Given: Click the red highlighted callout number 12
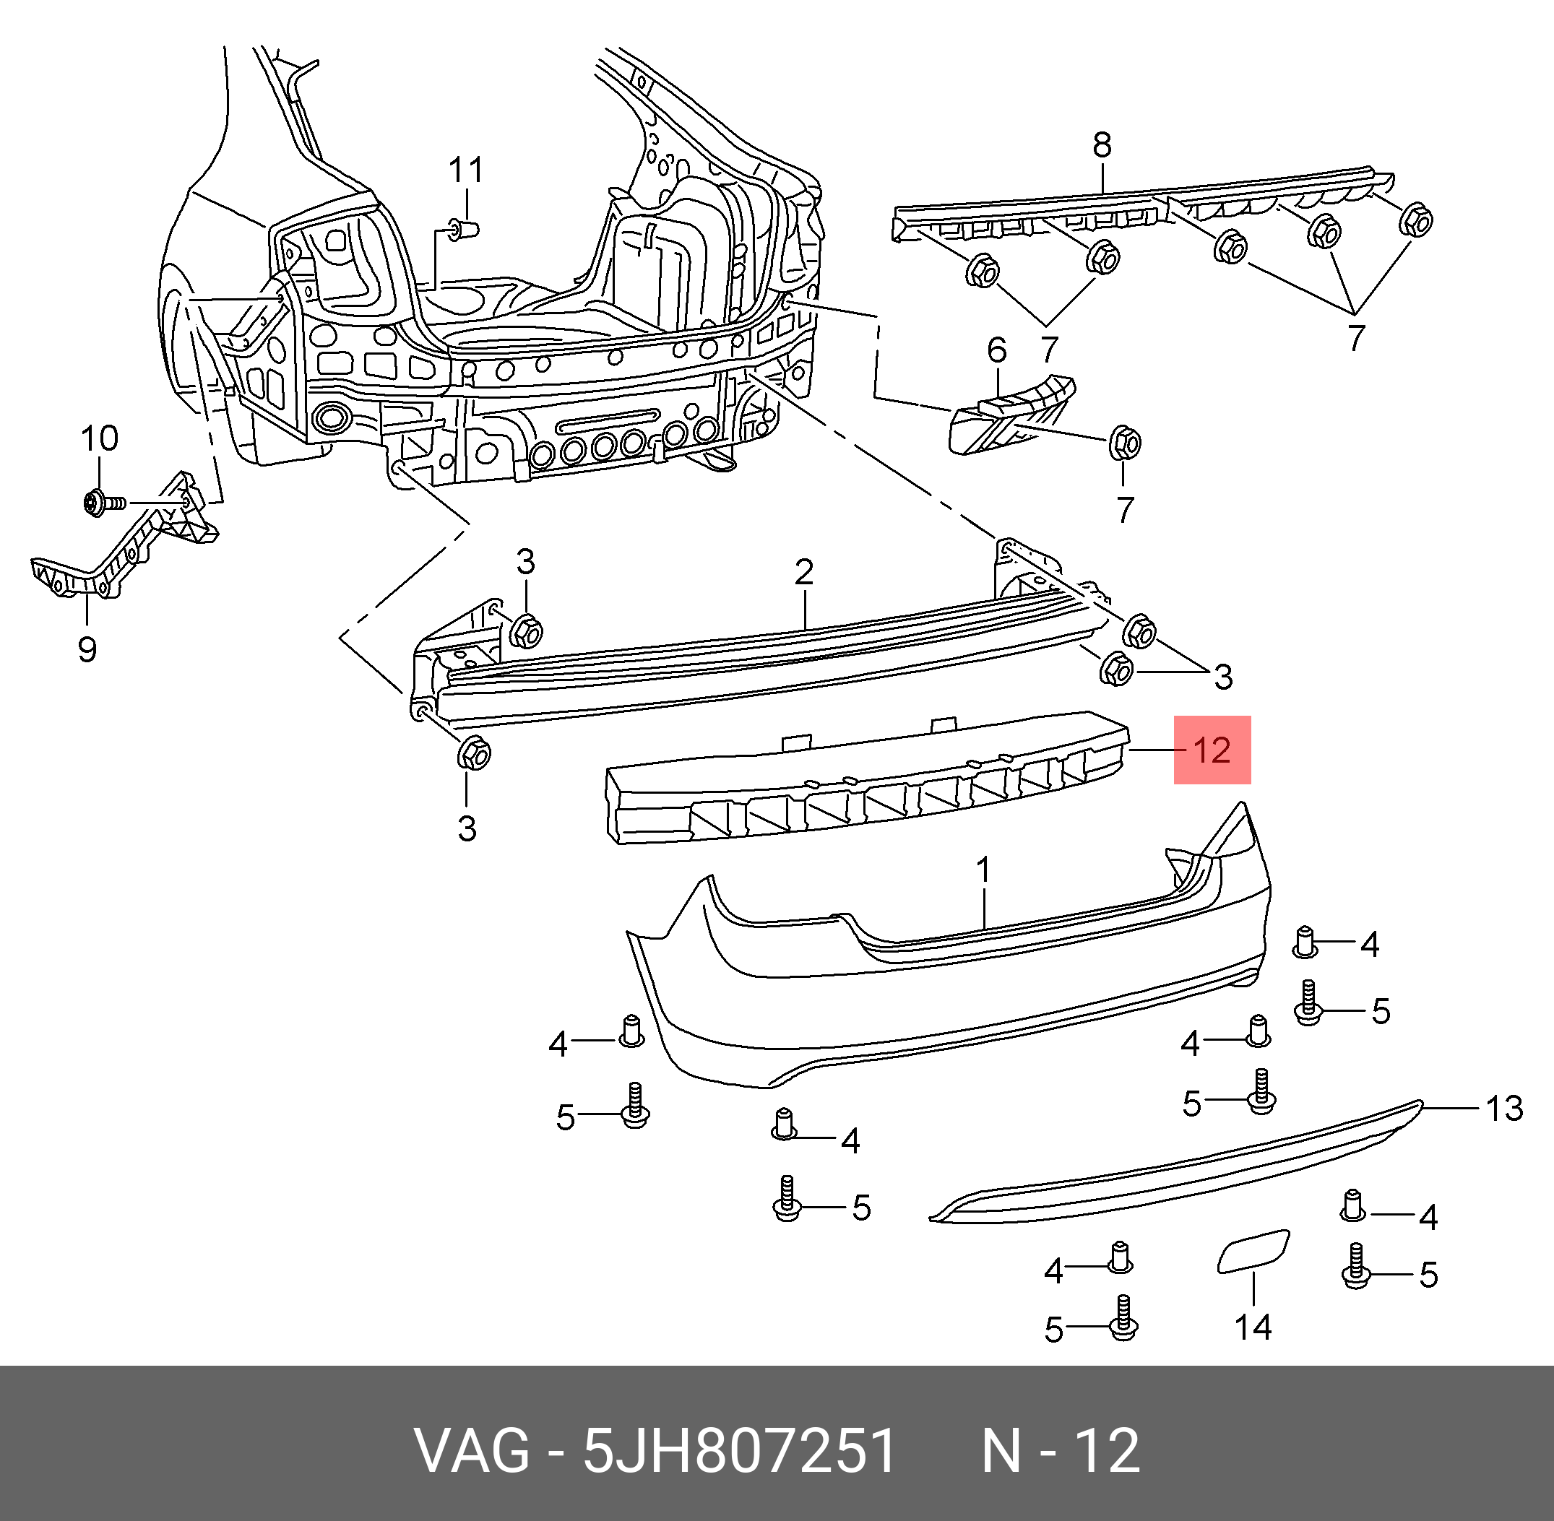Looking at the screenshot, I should (1212, 750).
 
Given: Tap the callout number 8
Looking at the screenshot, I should (1102, 144).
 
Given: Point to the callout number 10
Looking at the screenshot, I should (100, 438).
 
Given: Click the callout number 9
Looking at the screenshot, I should (87, 649).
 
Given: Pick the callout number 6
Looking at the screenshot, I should (997, 349).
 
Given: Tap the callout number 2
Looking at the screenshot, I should (804, 572).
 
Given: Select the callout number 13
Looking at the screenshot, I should (1504, 1109).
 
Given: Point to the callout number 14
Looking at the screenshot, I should (1253, 1327).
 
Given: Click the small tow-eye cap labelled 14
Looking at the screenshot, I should (1251, 1252).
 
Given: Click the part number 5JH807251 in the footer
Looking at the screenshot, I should (740, 1452).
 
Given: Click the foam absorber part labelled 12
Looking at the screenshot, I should (863, 783).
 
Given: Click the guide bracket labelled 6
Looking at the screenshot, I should (1011, 415).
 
